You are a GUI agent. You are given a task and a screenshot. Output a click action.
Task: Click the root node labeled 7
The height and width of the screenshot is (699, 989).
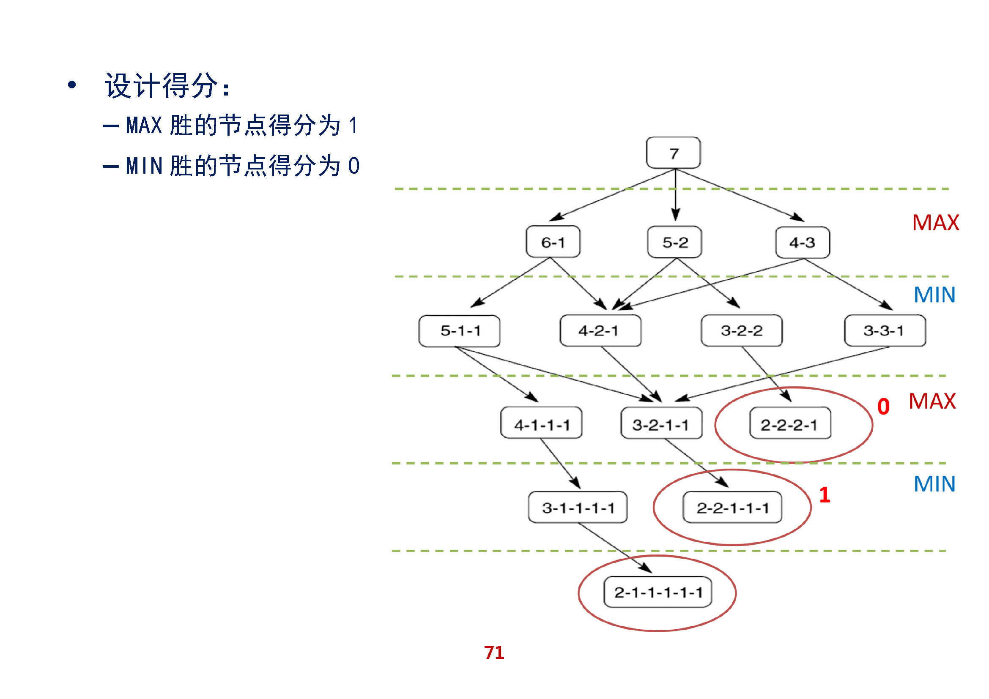click(673, 153)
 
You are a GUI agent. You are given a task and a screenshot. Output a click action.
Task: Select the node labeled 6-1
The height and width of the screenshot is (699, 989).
click(553, 242)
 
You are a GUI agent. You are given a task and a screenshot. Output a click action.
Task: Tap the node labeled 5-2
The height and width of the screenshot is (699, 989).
click(674, 242)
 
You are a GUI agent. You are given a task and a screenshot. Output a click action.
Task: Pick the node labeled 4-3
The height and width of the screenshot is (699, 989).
click(803, 242)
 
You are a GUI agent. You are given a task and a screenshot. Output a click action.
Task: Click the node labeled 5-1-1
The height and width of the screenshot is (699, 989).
click(460, 330)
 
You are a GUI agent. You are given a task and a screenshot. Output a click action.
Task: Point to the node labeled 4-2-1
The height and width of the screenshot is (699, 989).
click(600, 330)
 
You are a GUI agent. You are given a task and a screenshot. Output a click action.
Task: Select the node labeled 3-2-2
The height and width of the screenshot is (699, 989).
click(741, 330)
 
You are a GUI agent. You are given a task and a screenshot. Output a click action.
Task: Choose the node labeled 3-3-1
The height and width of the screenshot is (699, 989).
click(885, 330)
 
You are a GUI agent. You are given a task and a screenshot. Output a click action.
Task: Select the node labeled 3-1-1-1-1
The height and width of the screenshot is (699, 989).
click(578, 508)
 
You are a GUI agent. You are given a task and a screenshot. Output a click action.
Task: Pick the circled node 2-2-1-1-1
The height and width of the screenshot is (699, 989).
click(732, 508)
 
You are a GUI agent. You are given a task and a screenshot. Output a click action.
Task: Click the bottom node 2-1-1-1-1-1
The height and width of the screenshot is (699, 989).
click(658, 592)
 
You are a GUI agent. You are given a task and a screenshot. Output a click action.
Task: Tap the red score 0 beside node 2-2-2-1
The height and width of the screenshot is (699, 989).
click(883, 407)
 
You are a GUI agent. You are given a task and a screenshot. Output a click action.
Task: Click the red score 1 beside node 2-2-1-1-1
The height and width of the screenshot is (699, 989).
click(825, 495)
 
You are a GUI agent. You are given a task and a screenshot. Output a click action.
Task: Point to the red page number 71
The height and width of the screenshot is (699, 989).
click(494, 653)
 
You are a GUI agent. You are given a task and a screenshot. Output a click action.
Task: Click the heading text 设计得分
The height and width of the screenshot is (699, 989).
click(162, 86)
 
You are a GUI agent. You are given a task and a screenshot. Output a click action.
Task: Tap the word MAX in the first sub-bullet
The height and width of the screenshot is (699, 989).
click(144, 126)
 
